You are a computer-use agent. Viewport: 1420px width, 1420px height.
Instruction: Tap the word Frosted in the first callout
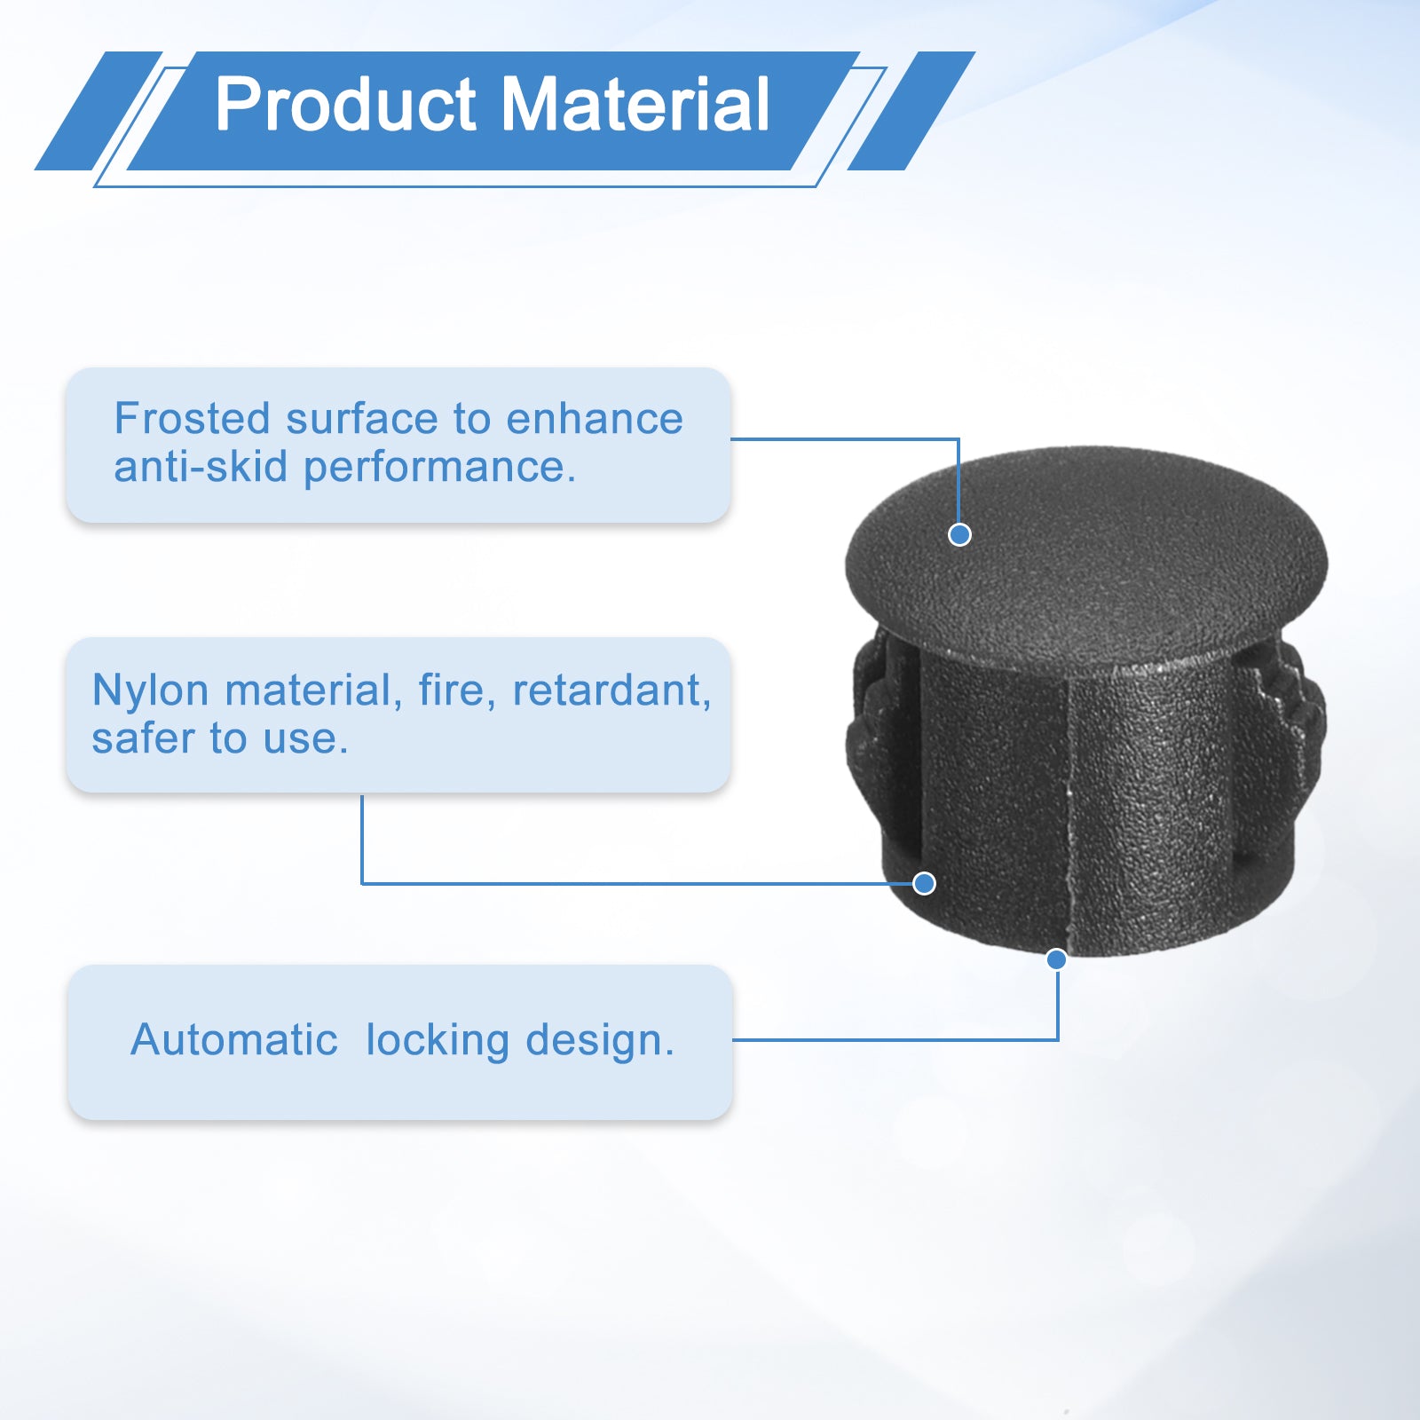tap(192, 418)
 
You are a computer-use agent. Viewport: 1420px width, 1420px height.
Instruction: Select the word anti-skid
tap(201, 466)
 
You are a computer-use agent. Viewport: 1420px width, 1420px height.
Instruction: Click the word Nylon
tap(151, 691)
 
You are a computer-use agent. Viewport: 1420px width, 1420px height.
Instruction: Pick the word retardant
tap(611, 690)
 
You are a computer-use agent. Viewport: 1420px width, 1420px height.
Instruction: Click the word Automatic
tap(234, 1039)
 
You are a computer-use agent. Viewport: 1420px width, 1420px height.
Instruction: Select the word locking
tap(438, 1040)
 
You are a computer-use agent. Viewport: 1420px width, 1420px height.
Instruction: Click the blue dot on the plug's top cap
tap(959, 534)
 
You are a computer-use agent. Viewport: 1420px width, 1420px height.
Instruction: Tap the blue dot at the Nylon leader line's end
tap(924, 883)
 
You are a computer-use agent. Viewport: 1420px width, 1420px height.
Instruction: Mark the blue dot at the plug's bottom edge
tap(1056, 959)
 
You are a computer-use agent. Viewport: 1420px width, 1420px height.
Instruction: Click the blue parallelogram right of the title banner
tap(911, 111)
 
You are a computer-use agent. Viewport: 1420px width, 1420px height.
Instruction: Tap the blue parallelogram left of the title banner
tap(99, 111)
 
